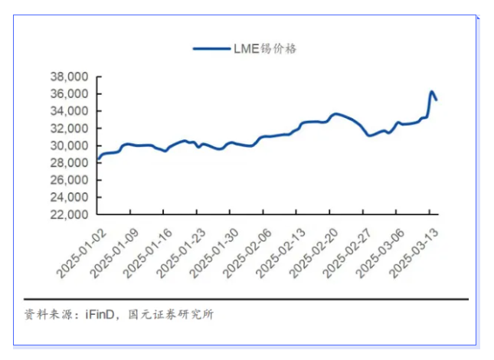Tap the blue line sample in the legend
coord(211,48)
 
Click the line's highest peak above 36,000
coord(431,91)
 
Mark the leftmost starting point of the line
coord(97,160)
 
